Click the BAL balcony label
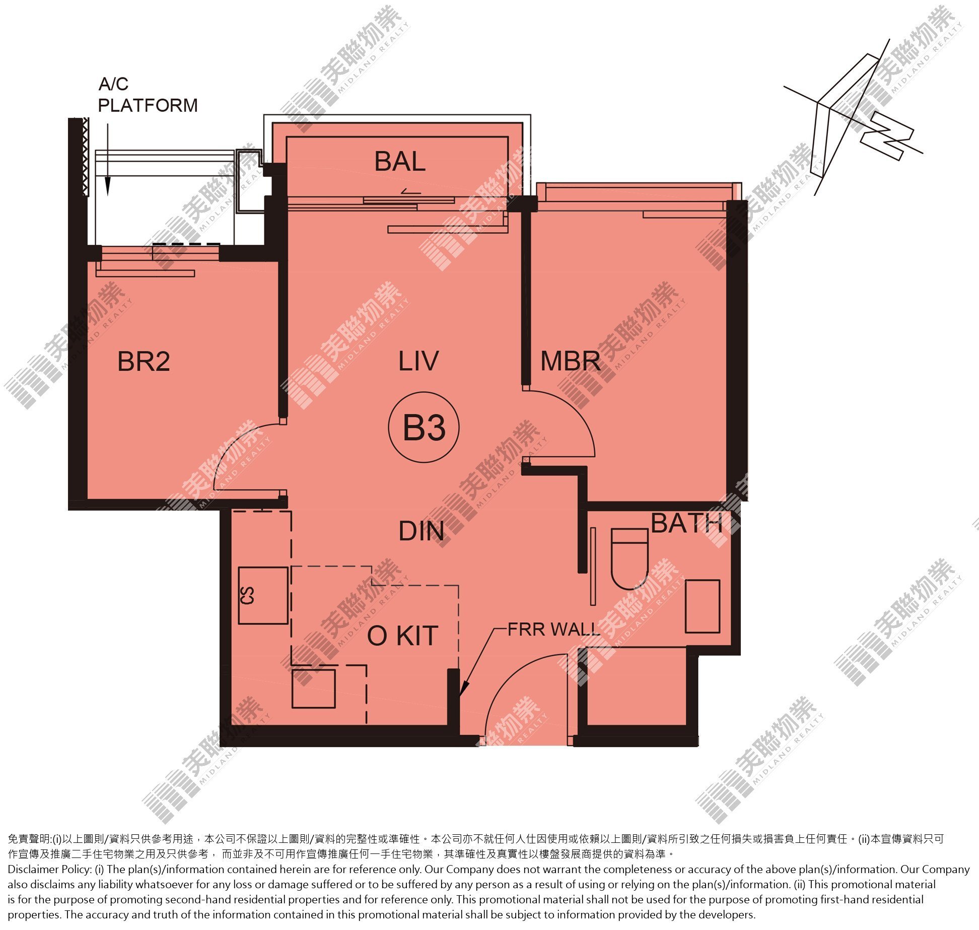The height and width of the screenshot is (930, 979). (x=400, y=162)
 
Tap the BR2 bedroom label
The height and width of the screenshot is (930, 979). (x=144, y=362)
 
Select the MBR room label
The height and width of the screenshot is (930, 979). (x=571, y=361)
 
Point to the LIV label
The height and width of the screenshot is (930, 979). (x=418, y=361)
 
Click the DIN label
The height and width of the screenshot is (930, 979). (x=422, y=531)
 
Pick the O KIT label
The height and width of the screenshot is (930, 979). (x=402, y=636)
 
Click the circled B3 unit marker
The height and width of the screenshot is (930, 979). (x=424, y=427)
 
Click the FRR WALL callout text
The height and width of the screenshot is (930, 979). (x=553, y=629)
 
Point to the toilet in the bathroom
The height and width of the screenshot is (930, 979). (x=629, y=559)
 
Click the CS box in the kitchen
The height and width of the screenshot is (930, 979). (x=263, y=595)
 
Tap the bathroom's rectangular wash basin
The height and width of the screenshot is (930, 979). (x=703, y=606)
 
